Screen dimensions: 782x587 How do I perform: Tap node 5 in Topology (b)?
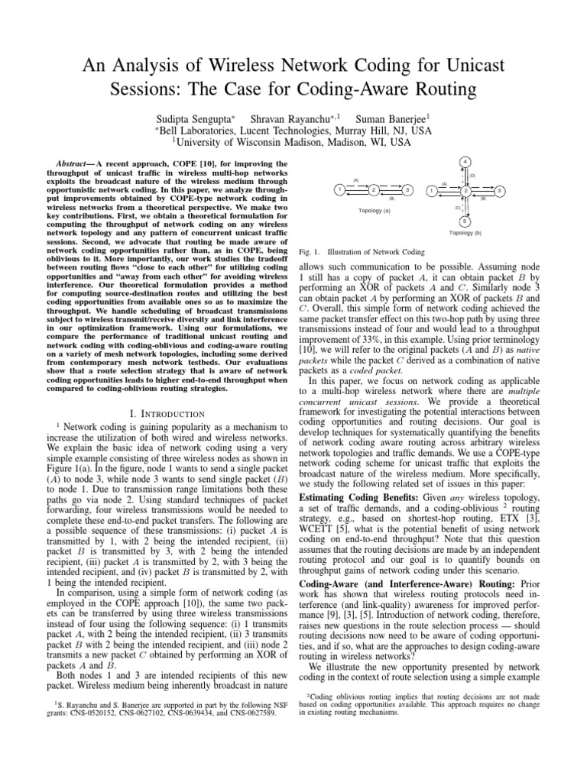pyautogui.click(x=465, y=221)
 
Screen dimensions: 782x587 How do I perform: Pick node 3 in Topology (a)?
pyautogui.click(x=408, y=189)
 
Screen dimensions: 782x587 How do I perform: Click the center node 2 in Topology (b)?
pyautogui.click(x=465, y=189)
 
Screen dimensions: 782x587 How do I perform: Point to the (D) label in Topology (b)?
pyautogui.click(x=473, y=176)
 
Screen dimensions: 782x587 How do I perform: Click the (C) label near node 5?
pyautogui.click(x=457, y=208)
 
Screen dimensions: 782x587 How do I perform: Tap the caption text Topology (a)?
pyautogui.click(x=374, y=210)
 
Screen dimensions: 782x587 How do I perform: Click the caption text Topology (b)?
pyautogui.click(x=465, y=232)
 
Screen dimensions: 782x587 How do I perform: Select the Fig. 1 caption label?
pyautogui.click(x=307, y=250)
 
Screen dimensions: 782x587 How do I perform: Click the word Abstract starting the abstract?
pyautogui.click(x=77, y=163)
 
